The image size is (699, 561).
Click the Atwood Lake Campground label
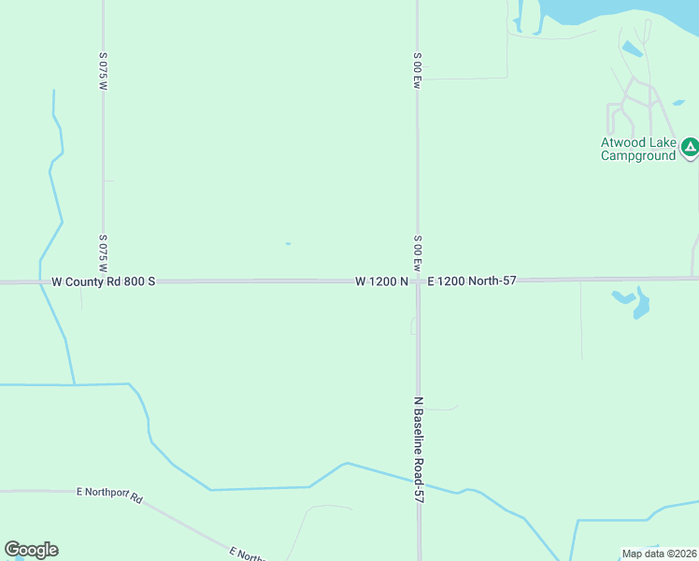coord(637,149)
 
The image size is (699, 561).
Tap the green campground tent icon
coord(690,147)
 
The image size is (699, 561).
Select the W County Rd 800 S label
coord(103,280)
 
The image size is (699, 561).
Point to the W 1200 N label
coord(381,280)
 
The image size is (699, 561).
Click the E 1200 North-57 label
coord(472,280)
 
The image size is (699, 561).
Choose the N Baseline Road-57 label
coord(420,450)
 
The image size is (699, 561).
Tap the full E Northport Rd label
coord(109,495)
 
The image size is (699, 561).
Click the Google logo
coord(31,550)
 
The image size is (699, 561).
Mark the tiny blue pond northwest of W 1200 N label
coord(288,244)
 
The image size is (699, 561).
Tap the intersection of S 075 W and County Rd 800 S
coord(103,280)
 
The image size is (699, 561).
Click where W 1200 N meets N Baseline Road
coord(418,280)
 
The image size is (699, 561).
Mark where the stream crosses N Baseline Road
coord(419,482)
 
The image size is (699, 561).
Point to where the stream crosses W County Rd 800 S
coord(41,280)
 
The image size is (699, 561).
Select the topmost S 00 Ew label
coord(418,70)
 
